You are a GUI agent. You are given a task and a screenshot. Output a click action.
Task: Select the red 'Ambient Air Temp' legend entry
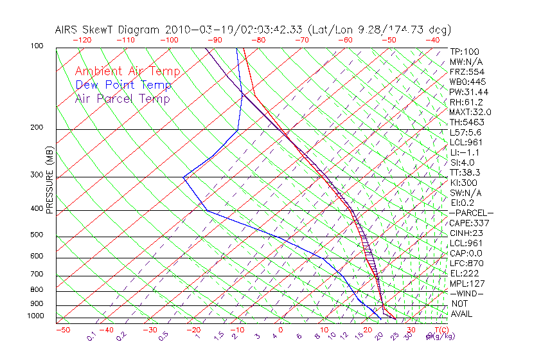click(x=127, y=71)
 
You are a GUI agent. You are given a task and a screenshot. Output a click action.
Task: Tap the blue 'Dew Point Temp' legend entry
click(x=123, y=85)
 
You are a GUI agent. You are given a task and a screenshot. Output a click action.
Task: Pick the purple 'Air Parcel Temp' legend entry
click(x=122, y=98)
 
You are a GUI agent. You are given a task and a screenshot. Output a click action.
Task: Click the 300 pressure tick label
click(x=37, y=175)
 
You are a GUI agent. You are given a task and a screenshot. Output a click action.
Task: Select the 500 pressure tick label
click(x=37, y=235)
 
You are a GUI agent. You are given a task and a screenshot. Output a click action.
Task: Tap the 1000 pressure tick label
click(x=35, y=316)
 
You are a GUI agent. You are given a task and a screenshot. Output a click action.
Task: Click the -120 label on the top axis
click(x=81, y=39)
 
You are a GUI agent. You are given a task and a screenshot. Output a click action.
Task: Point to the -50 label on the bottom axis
click(x=62, y=330)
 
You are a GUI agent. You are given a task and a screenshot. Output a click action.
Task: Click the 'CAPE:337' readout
click(x=466, y=223)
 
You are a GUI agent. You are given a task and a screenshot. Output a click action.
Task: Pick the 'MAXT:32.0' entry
click(x=468, y=112)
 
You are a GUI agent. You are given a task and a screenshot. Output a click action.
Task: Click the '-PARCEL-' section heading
click(x=471, y=213)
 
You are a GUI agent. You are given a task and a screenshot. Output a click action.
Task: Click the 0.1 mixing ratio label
click(x=92, y=336)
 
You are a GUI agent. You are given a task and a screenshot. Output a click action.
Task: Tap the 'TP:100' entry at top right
click(x=463, y=51)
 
